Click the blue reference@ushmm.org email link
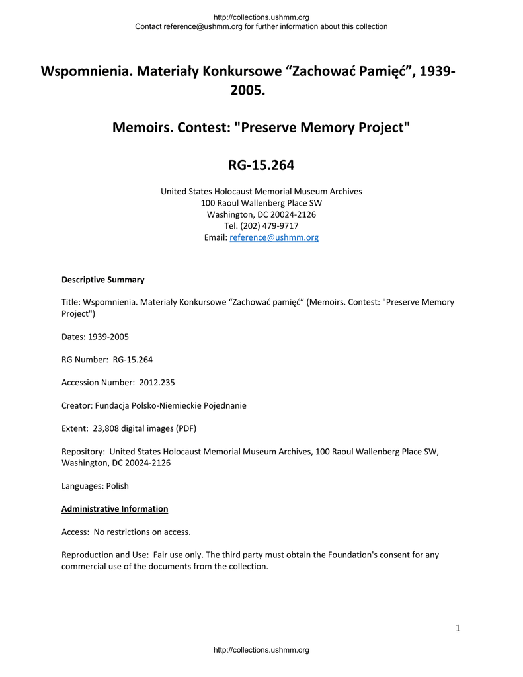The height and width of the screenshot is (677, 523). pyautogui.click(x=274, y=237)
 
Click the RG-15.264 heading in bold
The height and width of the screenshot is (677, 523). pyautogui.click(x=261, y=165)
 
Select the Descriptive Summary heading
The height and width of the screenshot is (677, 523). pyautogui.click(x=102, y=280)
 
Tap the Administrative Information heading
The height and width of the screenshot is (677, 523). pyautogui.click(x=114, y=509)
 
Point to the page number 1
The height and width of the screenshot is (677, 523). pyautogui.click(x=458, y=628)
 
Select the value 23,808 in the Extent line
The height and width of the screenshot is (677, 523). pyautogui.click(x=106, y=428)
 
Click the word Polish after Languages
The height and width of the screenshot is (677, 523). pyautogui.click(x=117, y=486)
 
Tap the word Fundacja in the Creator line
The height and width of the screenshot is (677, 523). pyautogui.click(x=112, y=405)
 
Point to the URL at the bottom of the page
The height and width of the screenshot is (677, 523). pyautogui.click(x=261, y=651)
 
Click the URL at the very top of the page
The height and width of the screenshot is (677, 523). pyautogui.click(x=261, y=17)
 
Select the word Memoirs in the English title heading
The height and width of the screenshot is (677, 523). pyautogui.click(x=141, y=127)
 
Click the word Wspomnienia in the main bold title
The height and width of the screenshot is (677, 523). pyautogui.click(x=87, y=71)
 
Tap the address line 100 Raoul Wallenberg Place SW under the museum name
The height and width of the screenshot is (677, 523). pyautogui.click(x=261, y=203)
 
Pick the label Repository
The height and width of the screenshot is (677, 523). pyautogui.click(x=83, y=452)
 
